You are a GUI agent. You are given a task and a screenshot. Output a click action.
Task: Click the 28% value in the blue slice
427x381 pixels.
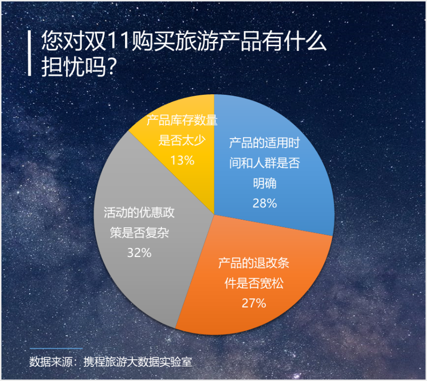point(265,203)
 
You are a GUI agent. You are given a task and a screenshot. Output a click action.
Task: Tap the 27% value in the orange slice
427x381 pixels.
point(254,303)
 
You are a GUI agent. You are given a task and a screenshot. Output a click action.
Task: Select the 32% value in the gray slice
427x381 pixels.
point(139,253)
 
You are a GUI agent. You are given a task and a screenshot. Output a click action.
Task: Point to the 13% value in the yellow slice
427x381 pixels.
point(182,160)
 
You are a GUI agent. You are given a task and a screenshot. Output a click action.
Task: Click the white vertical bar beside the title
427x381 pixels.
point(29,53)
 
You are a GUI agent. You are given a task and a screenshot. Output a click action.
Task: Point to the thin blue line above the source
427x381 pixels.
point(56,348)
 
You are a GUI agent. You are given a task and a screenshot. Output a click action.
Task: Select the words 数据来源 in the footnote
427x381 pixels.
point(51,362)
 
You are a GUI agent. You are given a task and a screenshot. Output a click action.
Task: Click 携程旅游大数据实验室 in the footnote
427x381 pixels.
point(138,362)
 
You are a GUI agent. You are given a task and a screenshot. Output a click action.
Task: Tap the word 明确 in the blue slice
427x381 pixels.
point(265,183)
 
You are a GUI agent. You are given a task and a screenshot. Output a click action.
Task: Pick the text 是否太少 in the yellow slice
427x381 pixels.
point(182,141)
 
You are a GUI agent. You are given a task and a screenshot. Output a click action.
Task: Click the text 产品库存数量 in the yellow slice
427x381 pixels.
point(182,120)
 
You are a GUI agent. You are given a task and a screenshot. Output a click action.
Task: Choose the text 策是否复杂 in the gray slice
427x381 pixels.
point(139,233)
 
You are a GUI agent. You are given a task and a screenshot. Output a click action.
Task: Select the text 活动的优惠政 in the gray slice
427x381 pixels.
point(139,213)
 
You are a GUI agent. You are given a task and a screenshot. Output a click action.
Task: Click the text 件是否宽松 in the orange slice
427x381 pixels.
point(254,283)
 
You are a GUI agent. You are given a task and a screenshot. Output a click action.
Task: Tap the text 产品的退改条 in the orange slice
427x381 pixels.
point(254,263)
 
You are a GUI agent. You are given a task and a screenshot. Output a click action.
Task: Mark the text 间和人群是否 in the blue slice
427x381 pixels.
point(265,163)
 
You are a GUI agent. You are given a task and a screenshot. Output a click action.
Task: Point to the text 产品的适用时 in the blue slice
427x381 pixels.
point(265,143)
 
